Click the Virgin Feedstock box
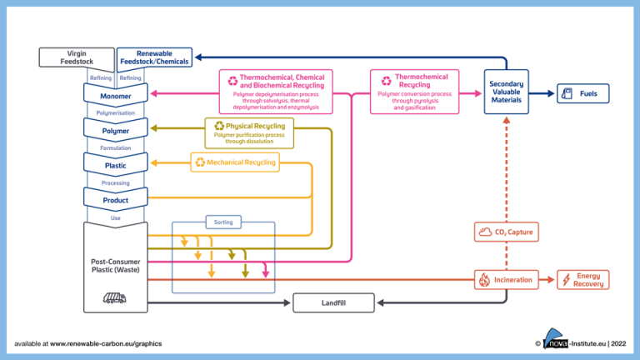pos(77,57)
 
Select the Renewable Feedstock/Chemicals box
pos(154,57)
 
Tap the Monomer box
pos(116,96)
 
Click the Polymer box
pos(116,131)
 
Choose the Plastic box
pos(116,166)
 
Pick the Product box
pos(116,201)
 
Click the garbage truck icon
pos(115,297)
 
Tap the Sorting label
pos(222,222)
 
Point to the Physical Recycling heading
pos(255,126)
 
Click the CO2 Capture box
pos(508,232)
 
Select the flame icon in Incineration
pos(484,280)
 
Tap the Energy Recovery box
pos(582,280)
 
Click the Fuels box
pos(582,93)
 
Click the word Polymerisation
pos(116,112)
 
